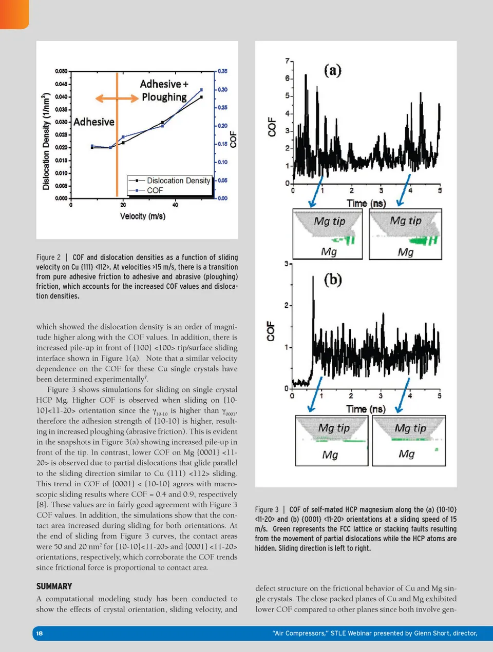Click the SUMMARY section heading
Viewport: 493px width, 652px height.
(x=54, y=586)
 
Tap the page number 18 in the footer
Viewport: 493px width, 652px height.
(x=40, y=633)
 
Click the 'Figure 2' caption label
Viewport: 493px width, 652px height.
(x=48, y=257)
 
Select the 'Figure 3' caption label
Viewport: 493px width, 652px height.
(x=267, y=509)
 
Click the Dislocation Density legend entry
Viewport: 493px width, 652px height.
(x=178, y=181)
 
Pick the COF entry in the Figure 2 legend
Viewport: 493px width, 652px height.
(x=155, y=190)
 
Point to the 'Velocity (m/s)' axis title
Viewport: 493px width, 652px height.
(x=143, y=216)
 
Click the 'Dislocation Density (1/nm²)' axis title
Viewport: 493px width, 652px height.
(x=46, y=141)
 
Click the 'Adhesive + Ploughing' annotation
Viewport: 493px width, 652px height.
(x=164, y=90)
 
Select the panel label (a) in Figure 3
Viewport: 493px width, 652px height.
(x=333, y=70)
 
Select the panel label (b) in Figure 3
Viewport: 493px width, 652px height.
(x=333, y=280)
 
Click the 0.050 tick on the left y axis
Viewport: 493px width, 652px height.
(x=61, y=71)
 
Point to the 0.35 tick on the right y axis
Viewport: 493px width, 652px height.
(x=222, y=71)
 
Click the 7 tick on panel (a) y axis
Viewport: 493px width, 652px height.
(x=287, y=61)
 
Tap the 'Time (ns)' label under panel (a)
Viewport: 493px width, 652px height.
(x=366, y=203)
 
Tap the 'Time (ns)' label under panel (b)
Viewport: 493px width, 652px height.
(x=366, y=409)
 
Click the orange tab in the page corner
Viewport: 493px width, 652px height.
(x=14, y=14)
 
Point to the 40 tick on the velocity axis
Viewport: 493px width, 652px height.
(x=175, y=205)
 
